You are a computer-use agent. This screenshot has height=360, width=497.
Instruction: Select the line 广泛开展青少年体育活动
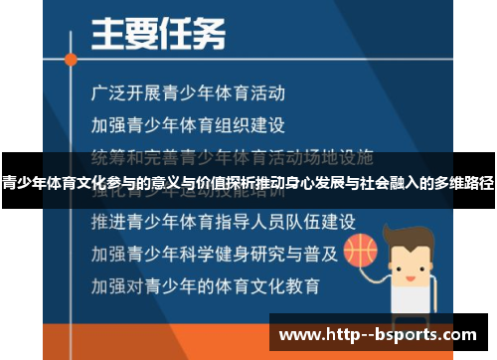[x=188, y=94]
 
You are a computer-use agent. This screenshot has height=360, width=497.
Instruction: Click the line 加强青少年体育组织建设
[x=188, y=125]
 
